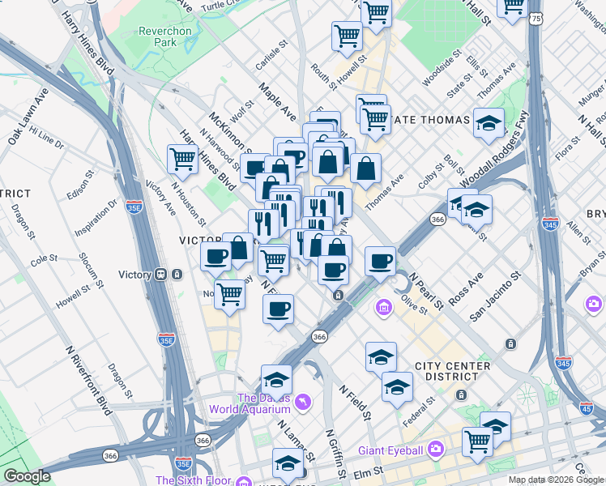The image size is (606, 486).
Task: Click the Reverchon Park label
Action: pyautogui.click(x=164, y=36)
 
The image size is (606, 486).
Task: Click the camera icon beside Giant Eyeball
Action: pyautogui.click(x=436, y=449)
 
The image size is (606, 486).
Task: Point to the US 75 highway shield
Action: pyautogui.click(x=536, y=23)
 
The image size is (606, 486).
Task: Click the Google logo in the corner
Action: pyautogui.click(x=27, y=476)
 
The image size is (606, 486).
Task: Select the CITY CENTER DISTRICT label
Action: pyautogui.click(x=452, y=371)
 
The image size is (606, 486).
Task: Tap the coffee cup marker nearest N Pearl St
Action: pyautogui.click(x=380, y=261)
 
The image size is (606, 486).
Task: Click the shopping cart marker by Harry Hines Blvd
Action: pyautogui.click(x=182, y=159)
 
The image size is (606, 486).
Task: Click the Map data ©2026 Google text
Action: pyautogui.click(x=556, y=480)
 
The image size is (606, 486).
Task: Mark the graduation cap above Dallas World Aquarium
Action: pyautogui.click(x=276, y=380)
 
